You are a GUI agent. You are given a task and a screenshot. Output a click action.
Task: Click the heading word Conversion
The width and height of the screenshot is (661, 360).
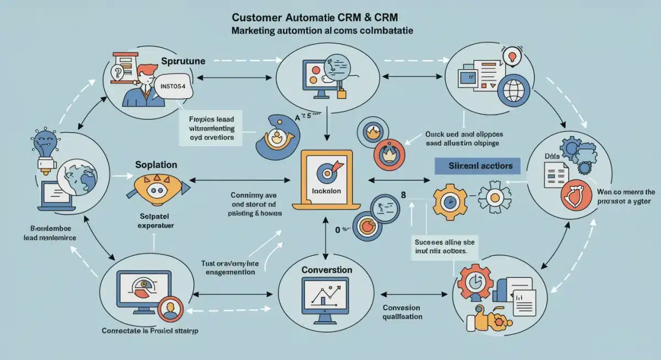tap(327, 270)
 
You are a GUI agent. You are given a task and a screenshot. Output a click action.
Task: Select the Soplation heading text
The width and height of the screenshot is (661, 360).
tap(156, 165)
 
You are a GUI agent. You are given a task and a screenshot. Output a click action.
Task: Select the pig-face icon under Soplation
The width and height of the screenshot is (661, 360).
tap(156, 187)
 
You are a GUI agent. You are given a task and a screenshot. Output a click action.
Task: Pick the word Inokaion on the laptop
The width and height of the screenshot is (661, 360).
tap(327, 191)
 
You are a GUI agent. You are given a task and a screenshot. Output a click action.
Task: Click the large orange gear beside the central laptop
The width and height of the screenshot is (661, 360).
tap(449, 199)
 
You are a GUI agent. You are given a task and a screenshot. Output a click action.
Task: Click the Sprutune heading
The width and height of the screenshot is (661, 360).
tap(183, 62)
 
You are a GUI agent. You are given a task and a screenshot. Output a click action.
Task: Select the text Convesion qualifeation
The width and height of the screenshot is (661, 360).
tap(402, 312)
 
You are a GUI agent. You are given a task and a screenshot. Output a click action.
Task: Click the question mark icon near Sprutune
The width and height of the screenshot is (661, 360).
tap(117, 72)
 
